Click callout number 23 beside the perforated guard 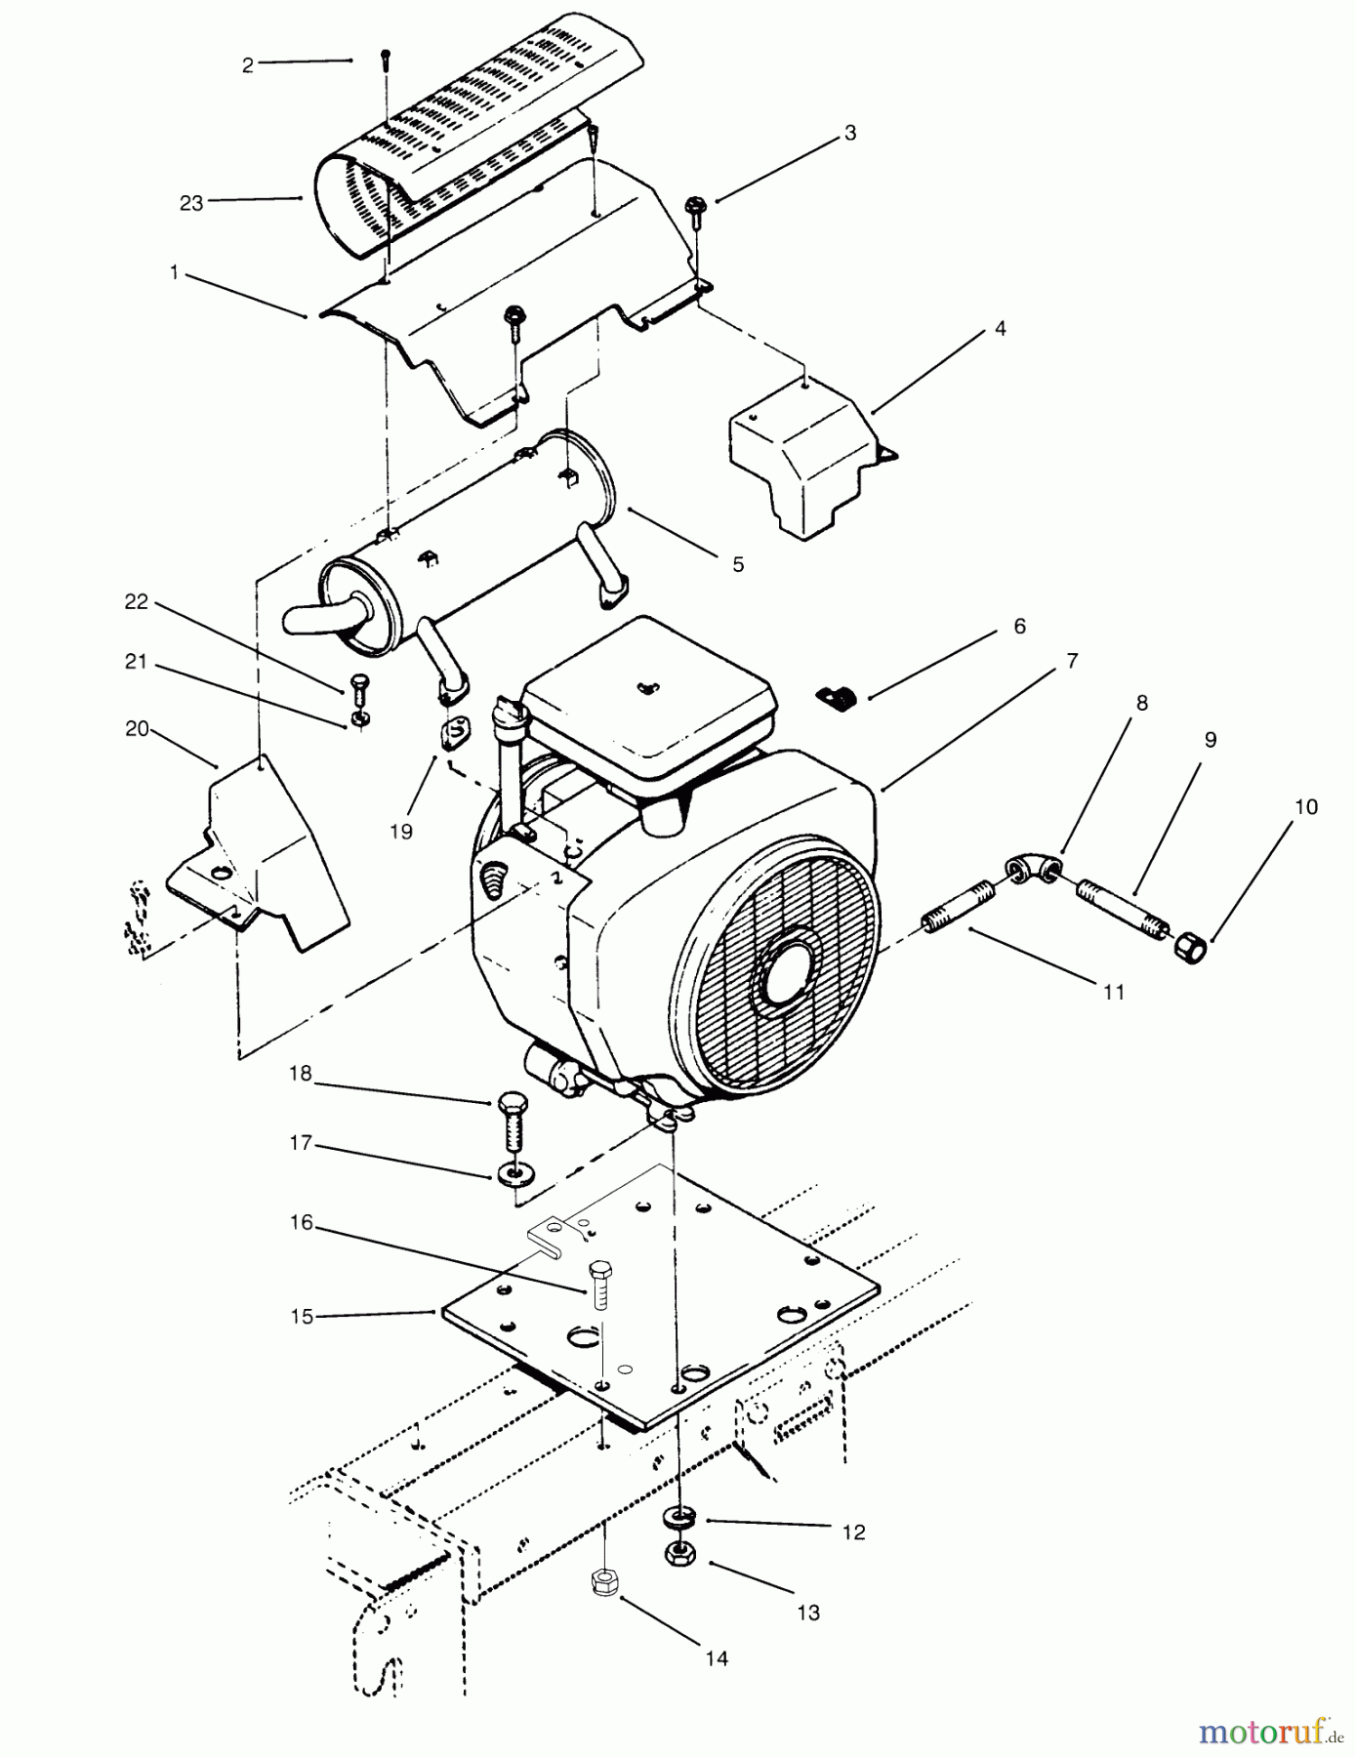point(190,202)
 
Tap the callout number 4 point(1000,329)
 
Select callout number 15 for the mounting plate point(302,1317)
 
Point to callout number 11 point(1114,992)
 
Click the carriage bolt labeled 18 point(511,1124)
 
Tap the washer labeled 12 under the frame point(676,1518)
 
